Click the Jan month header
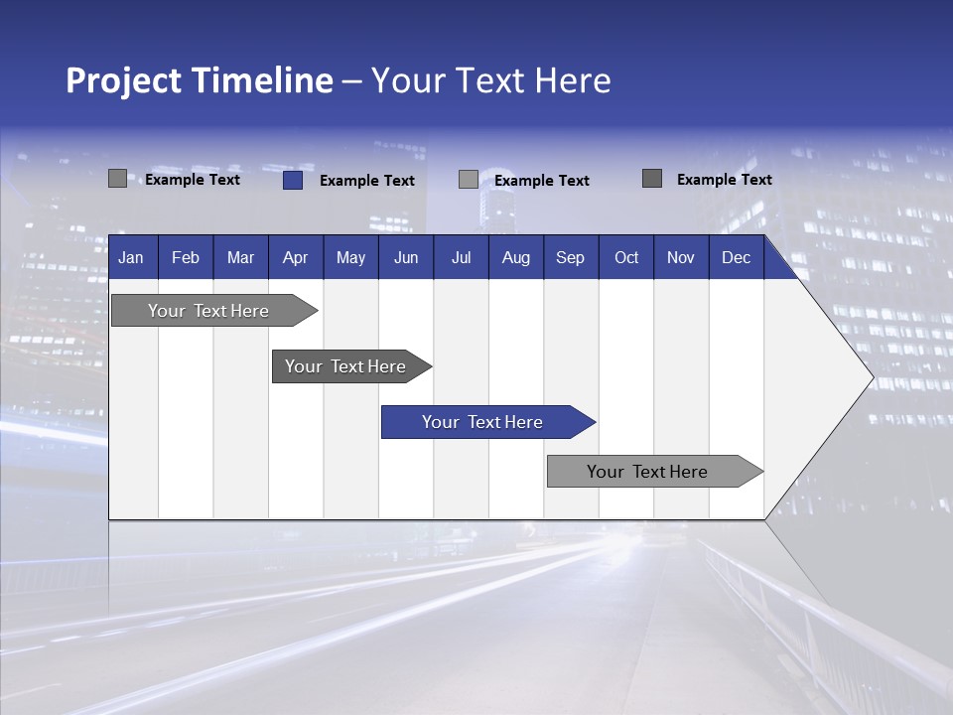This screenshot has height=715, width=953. click(x=131, y=257)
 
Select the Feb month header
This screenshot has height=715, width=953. click(x=186, y=257)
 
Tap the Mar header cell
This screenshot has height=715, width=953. click(x=240, y=257)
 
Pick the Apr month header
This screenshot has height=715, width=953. click(x=296, y=257)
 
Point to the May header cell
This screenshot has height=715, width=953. click(x=350, y=257)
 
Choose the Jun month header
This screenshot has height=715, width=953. click(x=406, y=257)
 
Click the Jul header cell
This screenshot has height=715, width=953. click(x=461, y=257)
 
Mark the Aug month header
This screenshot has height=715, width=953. click(x=516, y=257)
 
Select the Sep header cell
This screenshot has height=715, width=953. click(x=571, y=257)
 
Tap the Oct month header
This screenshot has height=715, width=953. click(x=626, y=257)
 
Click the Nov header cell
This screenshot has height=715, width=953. click(x=681, y=257)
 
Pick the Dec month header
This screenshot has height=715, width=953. click(x=737, y=257)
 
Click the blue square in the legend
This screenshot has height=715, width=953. click(x=293, y=180)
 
